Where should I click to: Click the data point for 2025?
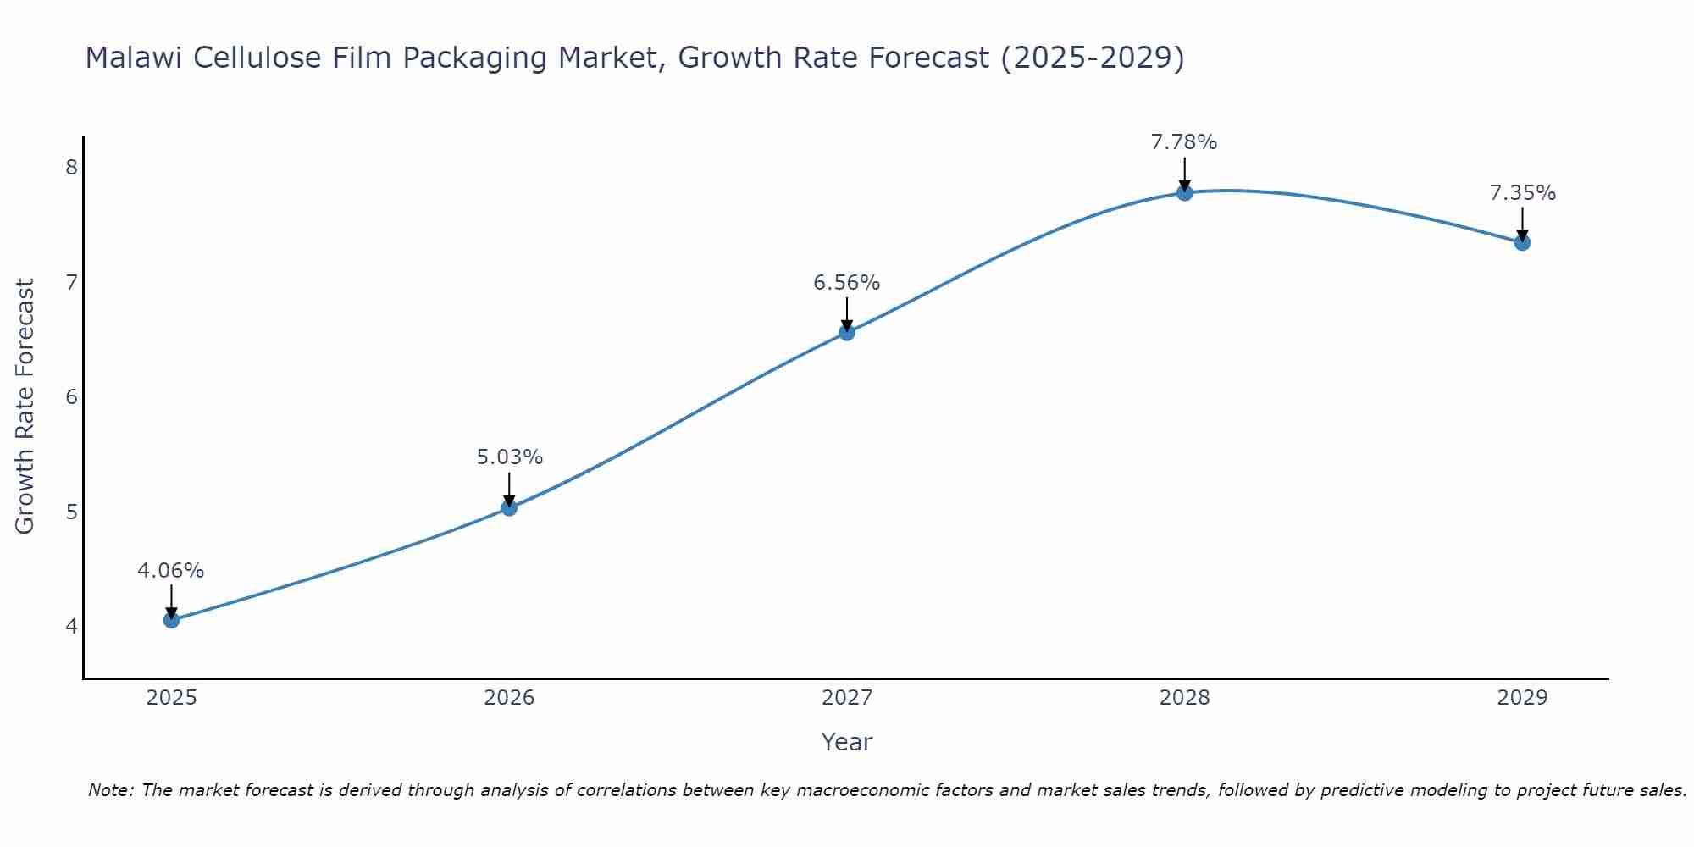click(x=171, y=620)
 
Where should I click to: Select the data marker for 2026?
click(x=509, y=508)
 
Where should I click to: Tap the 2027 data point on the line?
click(x=847, y=333)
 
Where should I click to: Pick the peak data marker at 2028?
click(x=1184, y=193)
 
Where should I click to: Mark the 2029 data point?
click(x=1522, y=243)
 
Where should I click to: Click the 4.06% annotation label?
click(x=171, y=571)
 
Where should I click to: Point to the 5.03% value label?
click(x=509, y=457)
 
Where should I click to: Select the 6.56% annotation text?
click(x=847, y=283)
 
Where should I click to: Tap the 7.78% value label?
click(x=1184, y=142)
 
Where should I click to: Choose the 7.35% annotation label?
click(x=1522, y=193)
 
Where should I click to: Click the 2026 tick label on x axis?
click(x=509, y=698)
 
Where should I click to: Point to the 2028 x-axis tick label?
click(x=1184, y=698)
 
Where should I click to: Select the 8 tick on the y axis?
click(x=71, y=167)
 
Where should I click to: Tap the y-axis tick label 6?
click(x=71, y=396)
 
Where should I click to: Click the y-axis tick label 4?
click(x=71, y=627)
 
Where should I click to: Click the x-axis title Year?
click(x=846, y=742)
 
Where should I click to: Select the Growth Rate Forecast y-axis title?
click(x=25, y=407)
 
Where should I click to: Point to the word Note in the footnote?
click(x=110, y=790)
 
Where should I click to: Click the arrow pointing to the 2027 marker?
click(x=847, y=313)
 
